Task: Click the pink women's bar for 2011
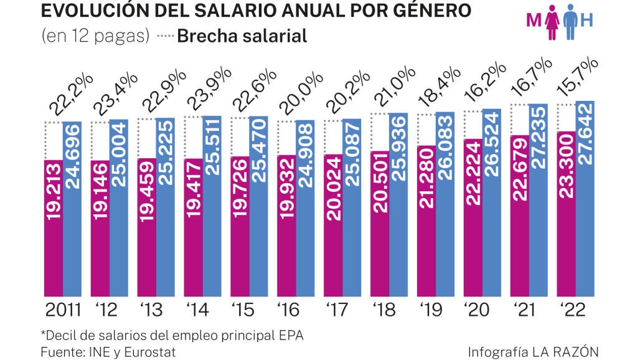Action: [54, 227]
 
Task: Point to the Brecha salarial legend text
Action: [242, 36]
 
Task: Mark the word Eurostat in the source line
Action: [149, 352]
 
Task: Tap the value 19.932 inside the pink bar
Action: [287, 225]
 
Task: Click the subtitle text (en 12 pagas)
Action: [95, 36]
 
